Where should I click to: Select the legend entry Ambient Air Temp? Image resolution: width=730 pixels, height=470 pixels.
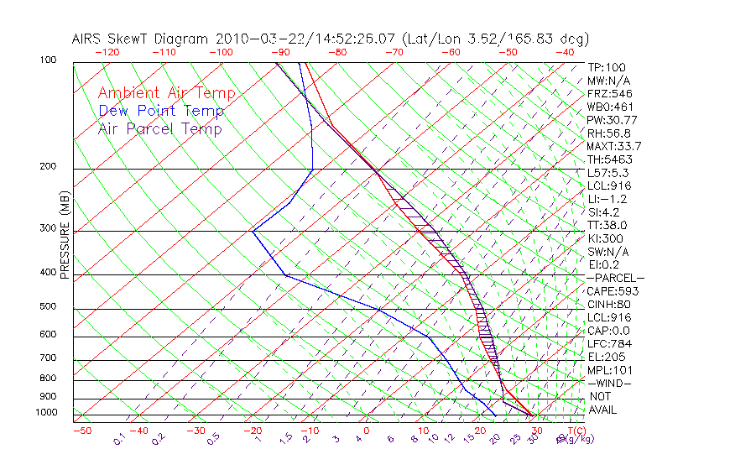[x=166, y=93]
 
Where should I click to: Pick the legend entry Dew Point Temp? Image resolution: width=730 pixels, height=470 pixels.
[x=161, y=111]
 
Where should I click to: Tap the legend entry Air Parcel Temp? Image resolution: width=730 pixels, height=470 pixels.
[x=159, y=128]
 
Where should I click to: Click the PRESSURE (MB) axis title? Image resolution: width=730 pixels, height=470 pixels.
[x=65, y=236]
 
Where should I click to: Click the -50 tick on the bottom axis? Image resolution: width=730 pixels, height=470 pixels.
[x=82, y=431]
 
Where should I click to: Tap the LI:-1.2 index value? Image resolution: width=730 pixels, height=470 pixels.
[x=606, y=199]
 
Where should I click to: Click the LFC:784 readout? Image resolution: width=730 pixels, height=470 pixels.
[x=608, y=344]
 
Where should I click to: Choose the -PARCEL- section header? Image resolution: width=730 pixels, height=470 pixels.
[x=615, y=278]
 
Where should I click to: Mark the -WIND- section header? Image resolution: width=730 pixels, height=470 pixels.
[x=610, y=383]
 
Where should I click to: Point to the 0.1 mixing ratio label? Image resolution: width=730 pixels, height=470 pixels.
[x=120, y=438]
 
